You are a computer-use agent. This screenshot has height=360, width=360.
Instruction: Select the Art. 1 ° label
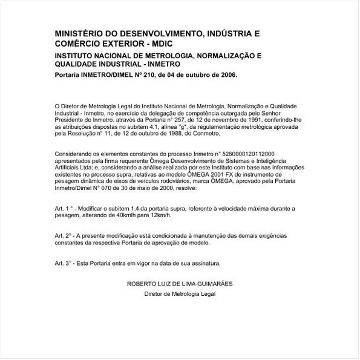click(x=64, y=208)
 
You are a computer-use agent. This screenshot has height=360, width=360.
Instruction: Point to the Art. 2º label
click(x=63, y=234)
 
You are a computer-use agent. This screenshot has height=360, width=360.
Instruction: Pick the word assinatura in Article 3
click(x=204, y=263)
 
